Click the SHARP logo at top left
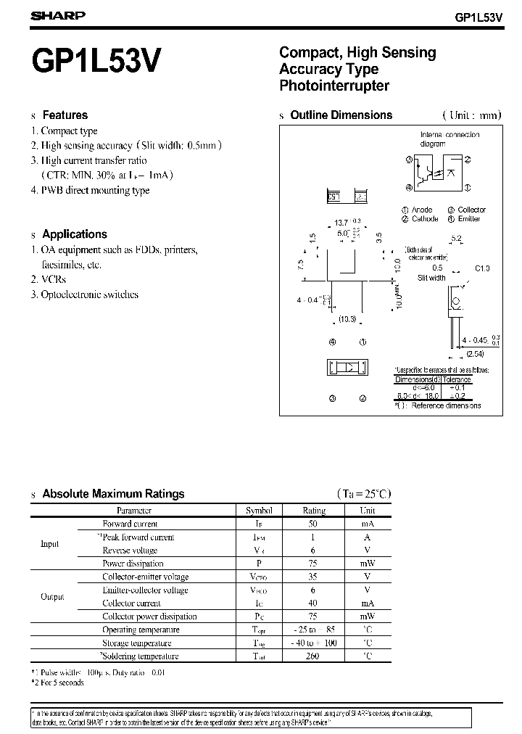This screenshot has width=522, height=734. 58,15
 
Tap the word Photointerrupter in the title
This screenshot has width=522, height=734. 334,86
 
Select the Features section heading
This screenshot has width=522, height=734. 65,115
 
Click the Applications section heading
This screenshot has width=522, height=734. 74,234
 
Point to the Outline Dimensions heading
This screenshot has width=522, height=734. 341,115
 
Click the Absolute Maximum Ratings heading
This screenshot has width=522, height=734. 113,493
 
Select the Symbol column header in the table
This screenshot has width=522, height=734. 259,510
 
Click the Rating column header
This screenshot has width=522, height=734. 314,510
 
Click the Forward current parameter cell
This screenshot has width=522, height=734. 130,524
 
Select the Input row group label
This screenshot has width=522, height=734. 50,543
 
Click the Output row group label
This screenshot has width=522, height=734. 52,597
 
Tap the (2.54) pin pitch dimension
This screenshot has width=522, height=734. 456,354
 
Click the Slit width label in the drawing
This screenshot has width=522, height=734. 431,278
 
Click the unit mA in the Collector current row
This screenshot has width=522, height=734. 367,603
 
